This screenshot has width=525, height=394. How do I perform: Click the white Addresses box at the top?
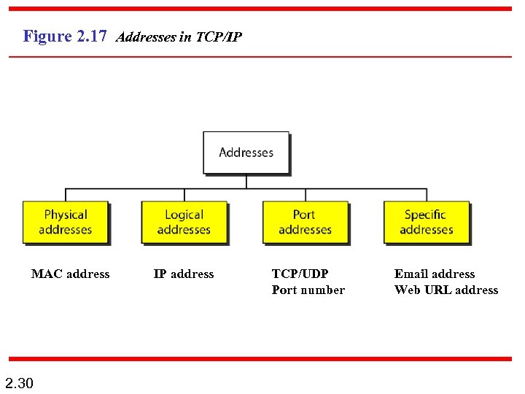coord(246,152)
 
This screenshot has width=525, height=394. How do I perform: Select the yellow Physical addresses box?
coord(65,222)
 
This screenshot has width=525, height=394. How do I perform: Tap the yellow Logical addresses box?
coord(184,222)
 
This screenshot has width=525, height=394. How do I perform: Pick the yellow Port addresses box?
coord(305,222)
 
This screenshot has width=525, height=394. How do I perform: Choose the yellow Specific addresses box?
coord(426,222)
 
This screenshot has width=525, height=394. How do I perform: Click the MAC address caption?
coord(70,274)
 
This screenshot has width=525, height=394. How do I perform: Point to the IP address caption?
coord(184,274)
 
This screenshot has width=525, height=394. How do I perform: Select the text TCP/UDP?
coord(300,274)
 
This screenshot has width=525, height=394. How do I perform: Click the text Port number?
coord(308,290)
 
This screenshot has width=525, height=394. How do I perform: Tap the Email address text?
coord(434,274)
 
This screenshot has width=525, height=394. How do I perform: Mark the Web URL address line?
coord(446,290)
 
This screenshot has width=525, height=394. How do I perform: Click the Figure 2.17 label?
coord(65,36)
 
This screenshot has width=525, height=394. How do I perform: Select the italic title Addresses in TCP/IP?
coord(179,36)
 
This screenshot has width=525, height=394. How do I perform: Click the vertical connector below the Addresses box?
coord(246,181)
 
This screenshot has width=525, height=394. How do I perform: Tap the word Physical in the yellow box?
coord(65,215)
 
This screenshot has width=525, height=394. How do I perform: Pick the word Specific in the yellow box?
coord(425,215)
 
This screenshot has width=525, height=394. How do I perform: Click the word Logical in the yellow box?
coord(184,215)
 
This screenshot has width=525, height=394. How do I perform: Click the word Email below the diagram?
coord(411,274)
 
